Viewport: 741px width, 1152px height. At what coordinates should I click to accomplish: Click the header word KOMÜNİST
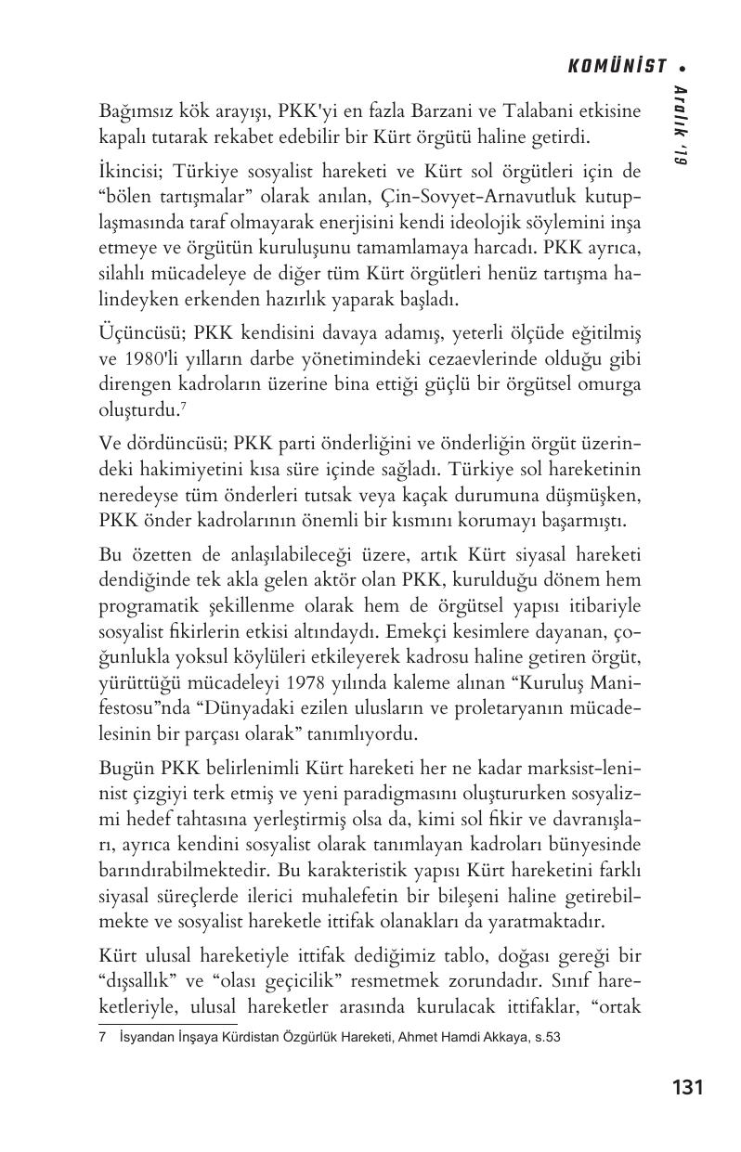pyautogui.click(x=617, y=66)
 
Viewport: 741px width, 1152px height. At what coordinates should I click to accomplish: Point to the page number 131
pyautogui.click(x=687, y=1087)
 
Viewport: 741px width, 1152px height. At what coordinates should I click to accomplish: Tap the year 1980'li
pyautogui.click(x=150, y=359)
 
